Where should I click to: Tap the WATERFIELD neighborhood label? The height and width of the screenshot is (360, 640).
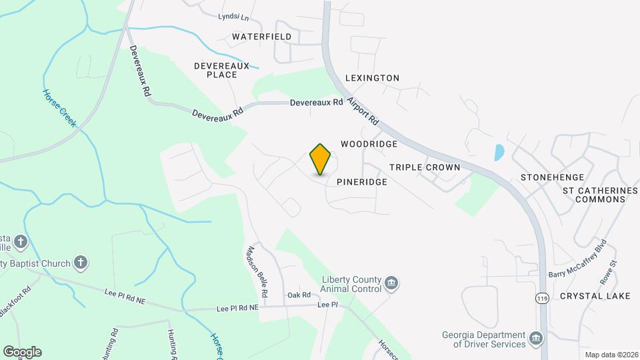tap(262, 36)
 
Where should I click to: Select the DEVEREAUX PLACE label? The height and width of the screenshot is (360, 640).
tap(221, 70)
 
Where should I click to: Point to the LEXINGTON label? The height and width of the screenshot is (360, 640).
tap(372, 78)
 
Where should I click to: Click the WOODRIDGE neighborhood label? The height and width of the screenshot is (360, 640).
tap(369, 144)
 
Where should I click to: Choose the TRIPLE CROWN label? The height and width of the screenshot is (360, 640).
tap(425, 167)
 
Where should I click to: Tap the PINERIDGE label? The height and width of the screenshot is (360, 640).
tap(361, 181)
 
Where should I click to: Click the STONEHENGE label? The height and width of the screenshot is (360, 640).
tap(552, 177)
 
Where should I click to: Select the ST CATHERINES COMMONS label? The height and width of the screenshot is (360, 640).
tap(600, 195)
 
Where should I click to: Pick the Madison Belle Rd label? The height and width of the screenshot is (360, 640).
tap(257, 271)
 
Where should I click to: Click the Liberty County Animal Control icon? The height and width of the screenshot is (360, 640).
tap(392, 285)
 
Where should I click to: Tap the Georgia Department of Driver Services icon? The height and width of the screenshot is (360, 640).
tap(535, 339)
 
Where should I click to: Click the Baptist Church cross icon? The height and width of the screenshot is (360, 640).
tap(81, 262)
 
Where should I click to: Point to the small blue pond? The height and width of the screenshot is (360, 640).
tap(499, 152)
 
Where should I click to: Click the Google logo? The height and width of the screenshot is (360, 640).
tap(22, 351)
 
